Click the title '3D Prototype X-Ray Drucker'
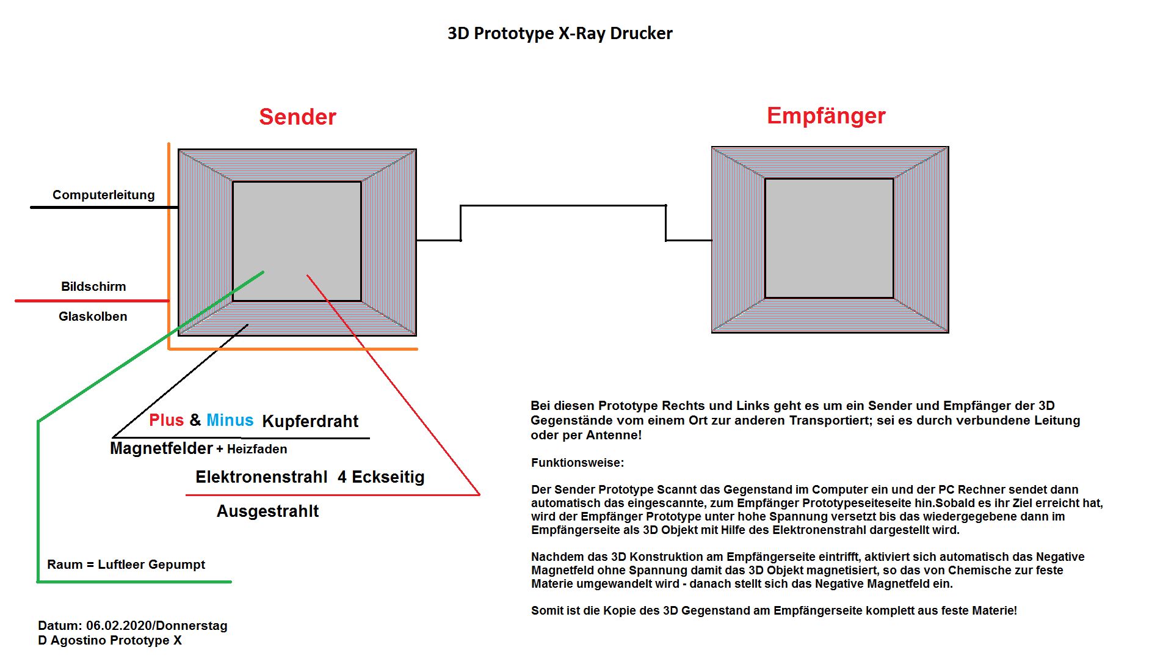point(560,33)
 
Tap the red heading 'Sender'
point(297,117)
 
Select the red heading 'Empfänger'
point(826,116)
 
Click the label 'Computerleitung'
point(104,195)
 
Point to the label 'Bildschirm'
point(93,286)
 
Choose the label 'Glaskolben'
point(93,316)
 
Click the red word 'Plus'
point(167,420)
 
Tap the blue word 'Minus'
point(230,420)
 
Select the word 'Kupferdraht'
point(310,422)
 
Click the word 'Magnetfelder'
point(161,448)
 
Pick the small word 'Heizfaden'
point(257,449)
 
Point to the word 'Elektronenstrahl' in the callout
point(261,477)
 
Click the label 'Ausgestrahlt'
point(267,511)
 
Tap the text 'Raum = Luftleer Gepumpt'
point(126,565)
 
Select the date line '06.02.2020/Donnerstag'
point(157,626)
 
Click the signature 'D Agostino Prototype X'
point(110,640)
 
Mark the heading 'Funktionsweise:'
point(578,462)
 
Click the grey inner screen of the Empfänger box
point(829,238)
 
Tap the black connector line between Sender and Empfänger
point(563,206)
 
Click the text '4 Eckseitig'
point(381,477)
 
